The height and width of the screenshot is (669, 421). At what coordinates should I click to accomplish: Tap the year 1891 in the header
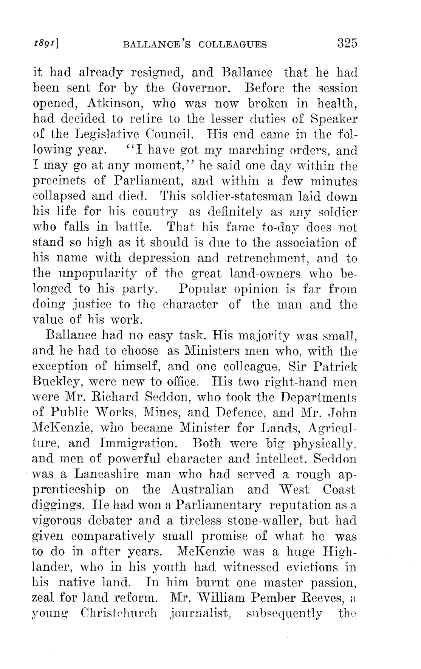(x=51, y=44)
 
